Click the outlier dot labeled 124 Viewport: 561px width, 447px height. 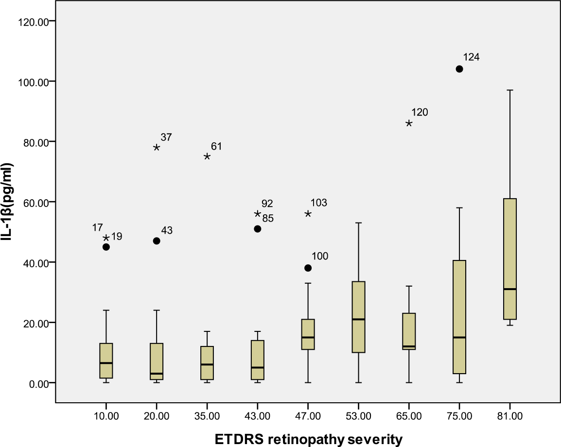coord(459,69)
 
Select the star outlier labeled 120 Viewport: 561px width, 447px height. coord(409,123)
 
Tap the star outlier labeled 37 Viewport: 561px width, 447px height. coord(157,147)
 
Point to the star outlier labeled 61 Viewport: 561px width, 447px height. coord(207,156)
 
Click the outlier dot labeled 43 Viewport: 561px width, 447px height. coord(157,241)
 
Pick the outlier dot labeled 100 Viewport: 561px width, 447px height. coord(308,268)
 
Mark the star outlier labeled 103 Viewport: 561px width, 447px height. coord(308,214)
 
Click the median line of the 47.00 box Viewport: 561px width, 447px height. coord(308,337)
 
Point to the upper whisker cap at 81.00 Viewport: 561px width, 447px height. coord(510,90)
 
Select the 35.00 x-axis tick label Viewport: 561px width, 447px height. coord(207,416)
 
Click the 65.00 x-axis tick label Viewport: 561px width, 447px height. coord(409,416)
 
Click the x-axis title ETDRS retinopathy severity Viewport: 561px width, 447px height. coord(309,440)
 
